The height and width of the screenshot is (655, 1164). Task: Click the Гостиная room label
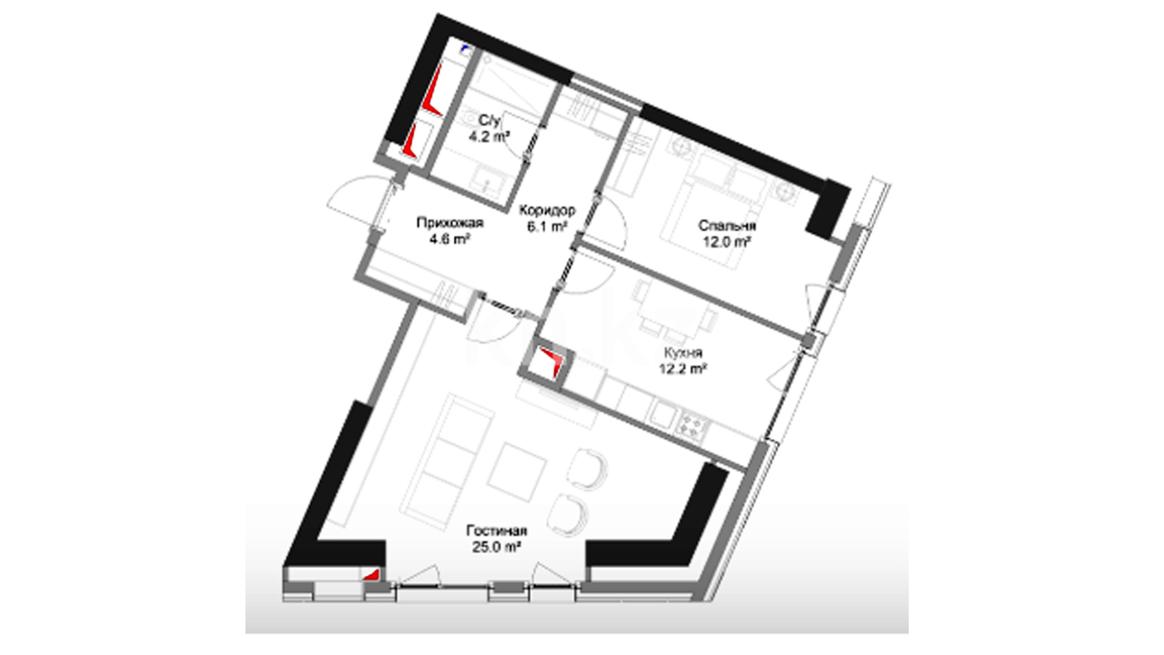(497, 531)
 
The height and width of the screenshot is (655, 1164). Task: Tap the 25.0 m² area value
(497, 547)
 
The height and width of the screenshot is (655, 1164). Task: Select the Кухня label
(683, 352)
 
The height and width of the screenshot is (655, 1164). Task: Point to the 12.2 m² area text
(683, 368)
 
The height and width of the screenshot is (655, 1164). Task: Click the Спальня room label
(727, 226)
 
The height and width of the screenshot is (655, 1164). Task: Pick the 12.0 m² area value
(727, 242)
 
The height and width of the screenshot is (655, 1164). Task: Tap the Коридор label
(547, 210)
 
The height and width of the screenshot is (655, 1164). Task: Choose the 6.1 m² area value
(547, 227)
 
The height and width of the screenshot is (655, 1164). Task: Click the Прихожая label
(450, 223)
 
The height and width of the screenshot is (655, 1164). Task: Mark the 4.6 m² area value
(450, 240)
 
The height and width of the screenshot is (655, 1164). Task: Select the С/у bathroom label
(489, 121)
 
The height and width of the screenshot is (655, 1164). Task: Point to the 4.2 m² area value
(489, 136)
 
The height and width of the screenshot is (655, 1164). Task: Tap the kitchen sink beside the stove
(661, 415)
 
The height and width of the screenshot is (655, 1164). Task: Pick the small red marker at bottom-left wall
(371, 574)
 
